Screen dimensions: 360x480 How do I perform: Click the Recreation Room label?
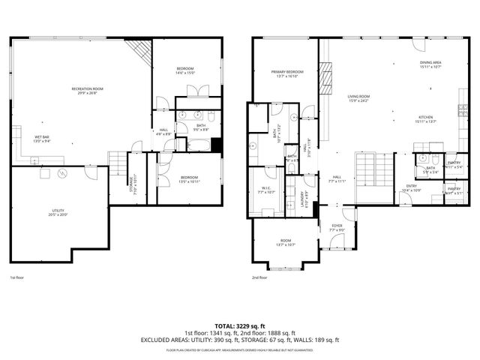(x=88, y=89)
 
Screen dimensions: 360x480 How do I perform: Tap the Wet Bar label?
(x=41, y=136)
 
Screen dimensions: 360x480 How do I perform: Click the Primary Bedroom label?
(x=287, y=72)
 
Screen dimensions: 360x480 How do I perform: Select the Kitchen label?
(x=427, y=117)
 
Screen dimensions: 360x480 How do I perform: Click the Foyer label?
(x=337, y=225)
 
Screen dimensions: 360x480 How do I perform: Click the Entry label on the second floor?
(x=411, y=186)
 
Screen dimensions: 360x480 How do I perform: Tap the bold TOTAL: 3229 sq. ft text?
(x=239, y=325)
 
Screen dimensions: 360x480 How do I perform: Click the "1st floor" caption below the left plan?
(x=16, y=277)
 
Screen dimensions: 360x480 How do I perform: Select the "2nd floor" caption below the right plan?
(x=259, y=277)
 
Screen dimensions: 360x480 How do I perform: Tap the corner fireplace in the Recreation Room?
(x=139, y=51)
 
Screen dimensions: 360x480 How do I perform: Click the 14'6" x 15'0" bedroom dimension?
(x=185, y=73)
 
